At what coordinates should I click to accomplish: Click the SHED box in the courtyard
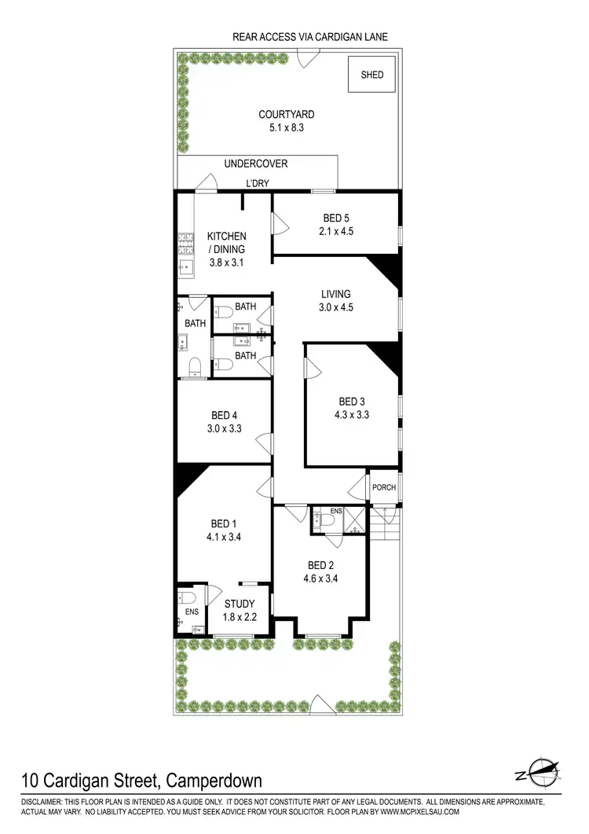coord(372,75)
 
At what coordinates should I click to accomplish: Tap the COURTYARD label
coord(287,115)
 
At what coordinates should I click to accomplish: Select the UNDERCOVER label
coord(256,164)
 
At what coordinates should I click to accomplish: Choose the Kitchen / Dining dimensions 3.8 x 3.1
coord(226,263)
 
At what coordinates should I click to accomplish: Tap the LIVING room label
coord(336,295)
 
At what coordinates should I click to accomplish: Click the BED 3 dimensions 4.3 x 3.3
coord(352,414)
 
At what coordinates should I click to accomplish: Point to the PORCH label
coord(384,487)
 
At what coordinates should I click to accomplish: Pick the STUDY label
coord(240,604)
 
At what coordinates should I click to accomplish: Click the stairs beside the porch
coord(386,522)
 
